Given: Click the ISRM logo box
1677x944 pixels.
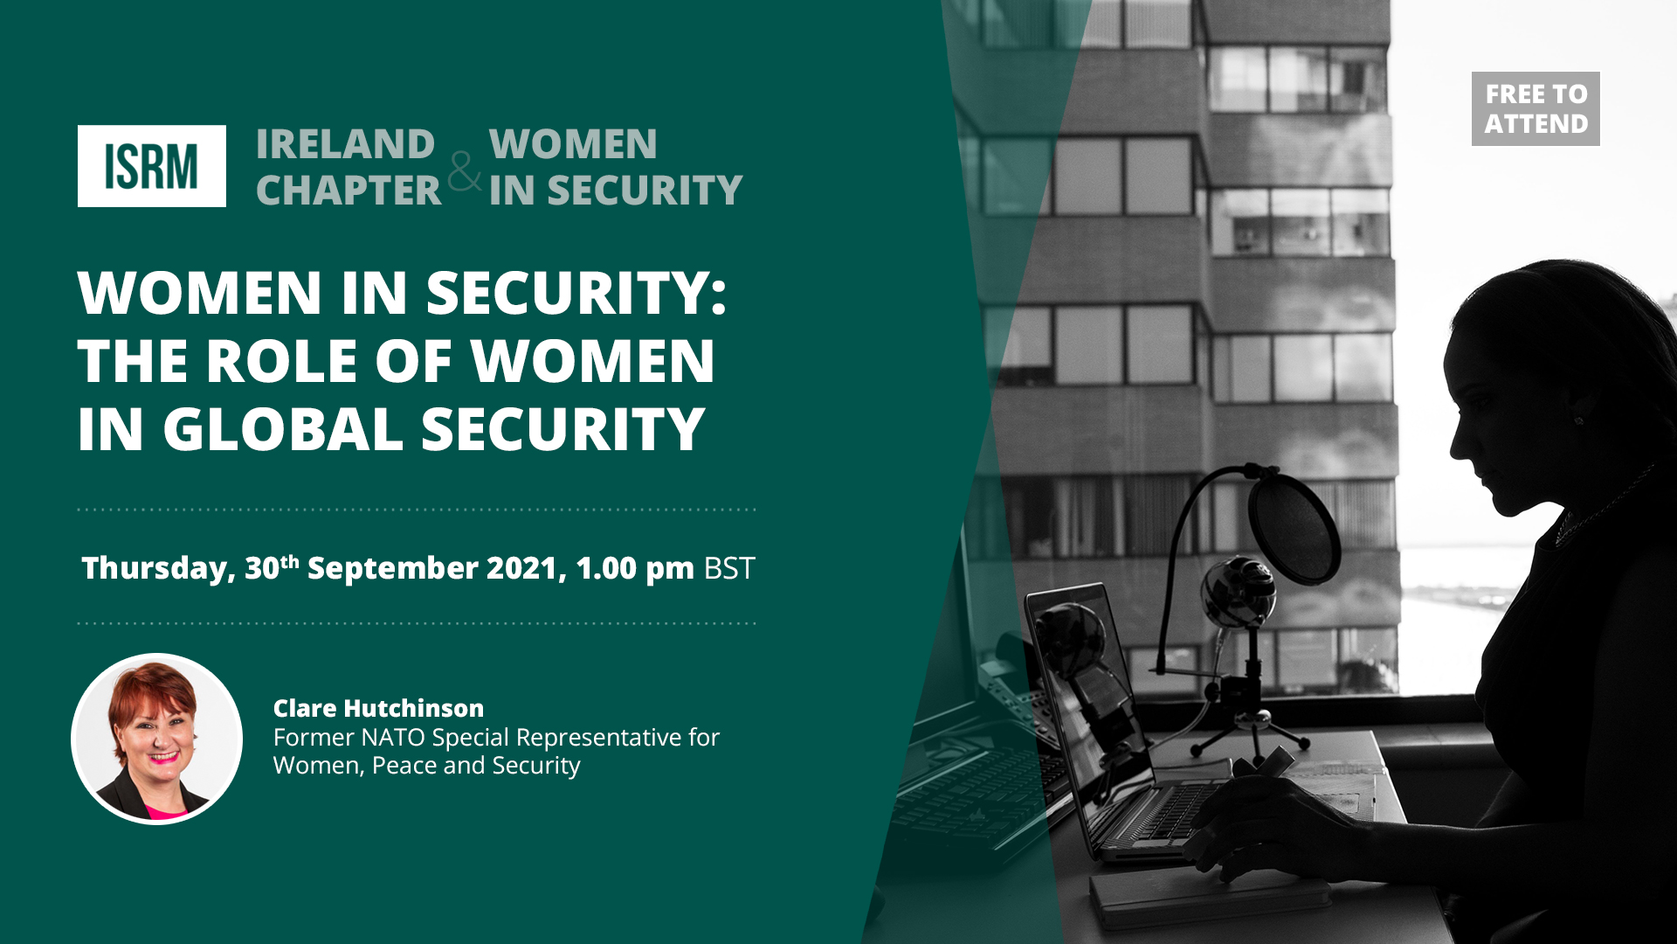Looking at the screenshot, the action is tap(152, 166).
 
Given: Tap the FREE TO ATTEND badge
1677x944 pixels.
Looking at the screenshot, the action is tap(1536, 108).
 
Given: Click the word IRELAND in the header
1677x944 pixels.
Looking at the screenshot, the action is tap(345, 144).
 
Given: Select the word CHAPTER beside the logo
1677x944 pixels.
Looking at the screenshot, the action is tap(349, 191).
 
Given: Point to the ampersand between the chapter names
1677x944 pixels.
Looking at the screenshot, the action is tap(465, 170).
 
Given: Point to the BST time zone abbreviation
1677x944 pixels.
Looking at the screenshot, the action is tap(728, 568).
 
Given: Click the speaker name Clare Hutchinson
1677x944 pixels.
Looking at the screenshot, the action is tap(378, 708).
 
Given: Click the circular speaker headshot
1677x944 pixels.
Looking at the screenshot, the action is tap(156, 739).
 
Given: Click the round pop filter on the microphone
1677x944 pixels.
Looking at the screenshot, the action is tap(1294, 527).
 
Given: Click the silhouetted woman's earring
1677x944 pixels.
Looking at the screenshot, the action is tap(1579, 421).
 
